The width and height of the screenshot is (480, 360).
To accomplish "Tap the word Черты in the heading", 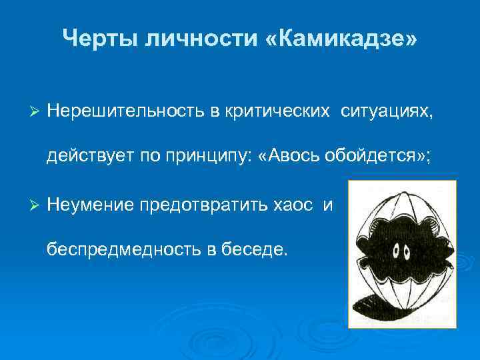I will click(97, 39).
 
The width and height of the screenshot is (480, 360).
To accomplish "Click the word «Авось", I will click(284, 157).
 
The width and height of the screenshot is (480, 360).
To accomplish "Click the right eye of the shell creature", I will click(406, 252).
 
